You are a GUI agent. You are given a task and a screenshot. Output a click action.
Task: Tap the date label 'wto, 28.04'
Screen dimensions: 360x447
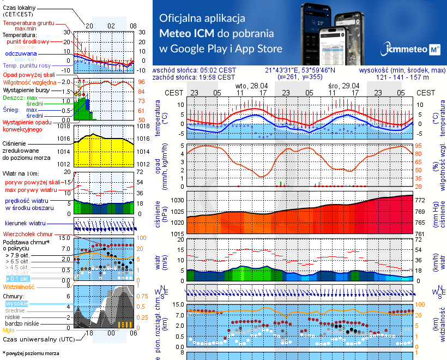pos(251,86)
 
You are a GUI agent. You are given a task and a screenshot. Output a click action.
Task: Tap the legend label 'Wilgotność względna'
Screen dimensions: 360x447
pos(30,81)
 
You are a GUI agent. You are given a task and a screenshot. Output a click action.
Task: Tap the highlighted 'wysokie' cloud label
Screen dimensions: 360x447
pos(16,303)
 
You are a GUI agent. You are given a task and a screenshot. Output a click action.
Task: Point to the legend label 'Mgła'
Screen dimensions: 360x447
pos(8,330)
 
